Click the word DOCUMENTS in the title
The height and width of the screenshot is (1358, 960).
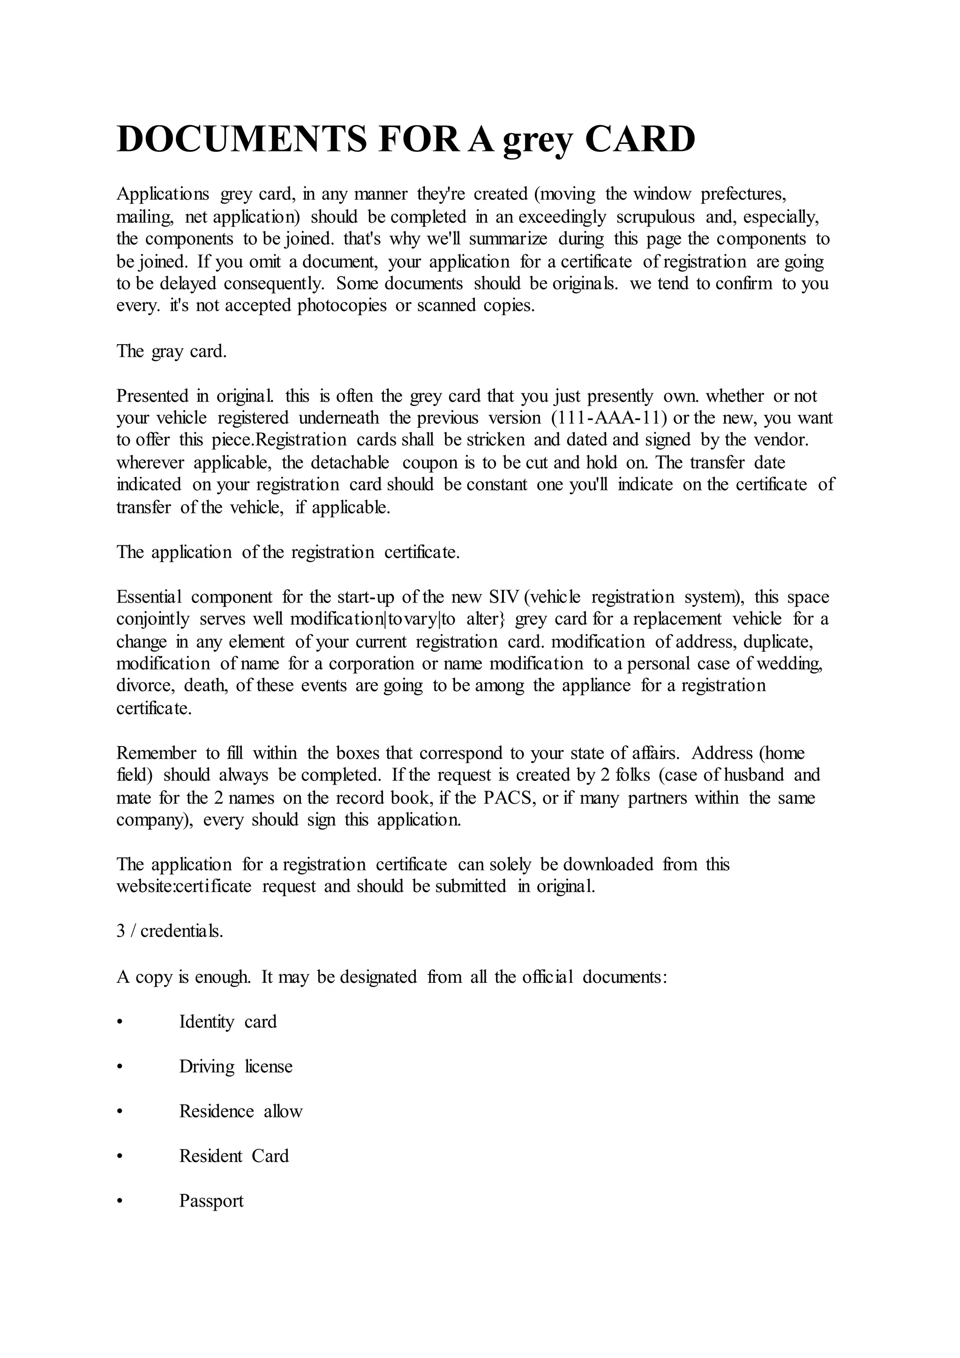[x=242, y=140]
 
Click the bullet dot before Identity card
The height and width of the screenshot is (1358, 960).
[x=120, y=1022]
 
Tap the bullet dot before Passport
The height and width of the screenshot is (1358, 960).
[x=120, y=1201]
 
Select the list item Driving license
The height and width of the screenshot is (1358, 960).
[x=236, y=1066]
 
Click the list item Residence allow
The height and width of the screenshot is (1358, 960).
[x=240, y=1111]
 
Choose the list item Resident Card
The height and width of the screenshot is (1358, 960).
[x=234, y=1156]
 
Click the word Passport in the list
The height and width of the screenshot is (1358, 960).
[x=211, y=1201]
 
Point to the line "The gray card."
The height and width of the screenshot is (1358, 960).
[x=172, y=351]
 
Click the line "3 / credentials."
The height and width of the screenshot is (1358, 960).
[x=170, y=932]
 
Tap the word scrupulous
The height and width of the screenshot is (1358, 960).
[x=655, y=217]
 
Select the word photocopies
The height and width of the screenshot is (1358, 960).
[x=342, y=306]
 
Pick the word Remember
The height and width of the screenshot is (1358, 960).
[x=156, y=753]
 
